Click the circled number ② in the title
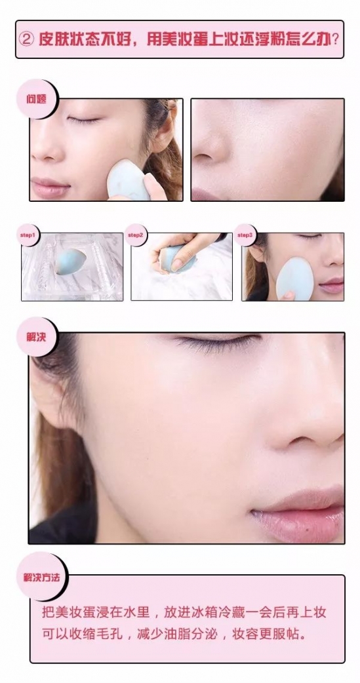[x=28, y=40]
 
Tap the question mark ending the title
[x=335, y=40]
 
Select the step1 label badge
[x=28, y=235]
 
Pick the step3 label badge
[x=245, y=235]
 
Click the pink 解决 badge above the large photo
[x=36, y=337]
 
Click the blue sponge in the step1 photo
[x=71, y=261]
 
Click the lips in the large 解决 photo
[x=302, y=514]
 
